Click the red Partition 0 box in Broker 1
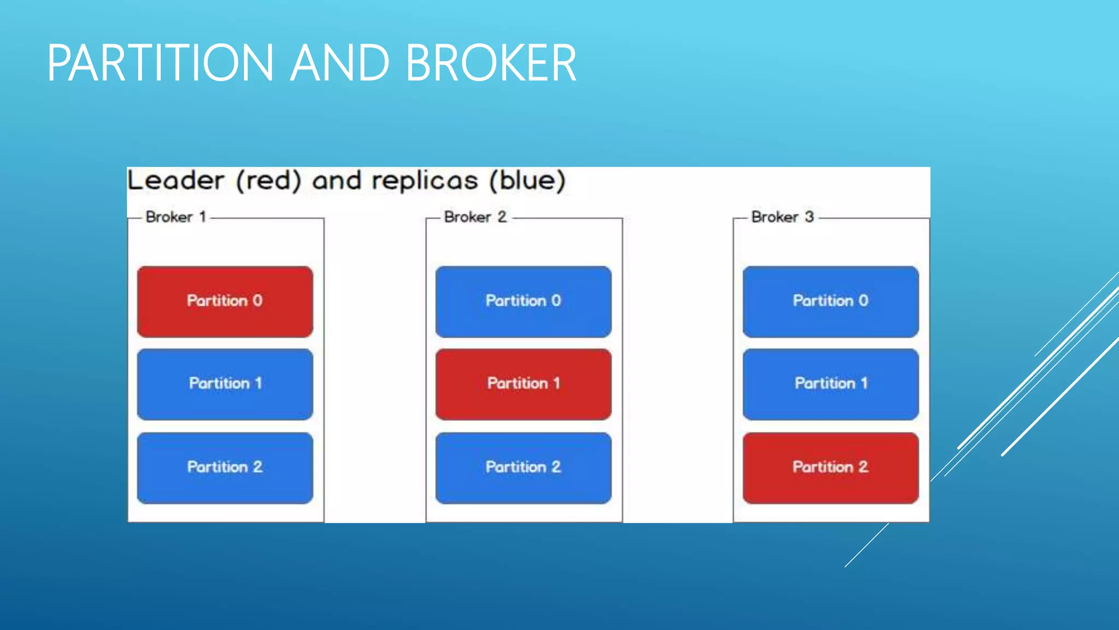click(225, 301)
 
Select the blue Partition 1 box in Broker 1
click(225, 384)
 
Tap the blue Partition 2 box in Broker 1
click(225, 468)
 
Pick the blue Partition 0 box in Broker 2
click(523, 301)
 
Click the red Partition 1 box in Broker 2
click(523, 384)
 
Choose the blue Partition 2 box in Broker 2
click(523, 468)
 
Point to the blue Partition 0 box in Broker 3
click(830, 301)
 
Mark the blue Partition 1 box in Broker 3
click(830, 384)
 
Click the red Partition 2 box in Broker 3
click(830, 468)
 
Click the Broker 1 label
click(175, 217)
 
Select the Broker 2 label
click(475, 217)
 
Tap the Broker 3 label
click(782, 217)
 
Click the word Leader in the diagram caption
click(175, 180)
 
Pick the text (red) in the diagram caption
click(268, 180)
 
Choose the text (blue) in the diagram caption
click(527, 180)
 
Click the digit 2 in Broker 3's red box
click(863, 466)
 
